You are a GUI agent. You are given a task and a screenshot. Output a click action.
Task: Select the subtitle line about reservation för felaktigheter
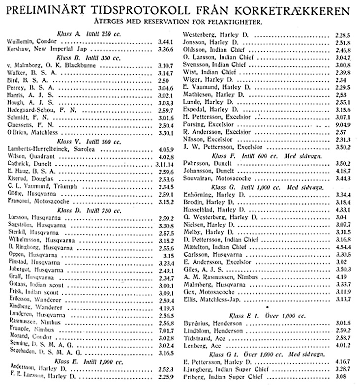[180, 22]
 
